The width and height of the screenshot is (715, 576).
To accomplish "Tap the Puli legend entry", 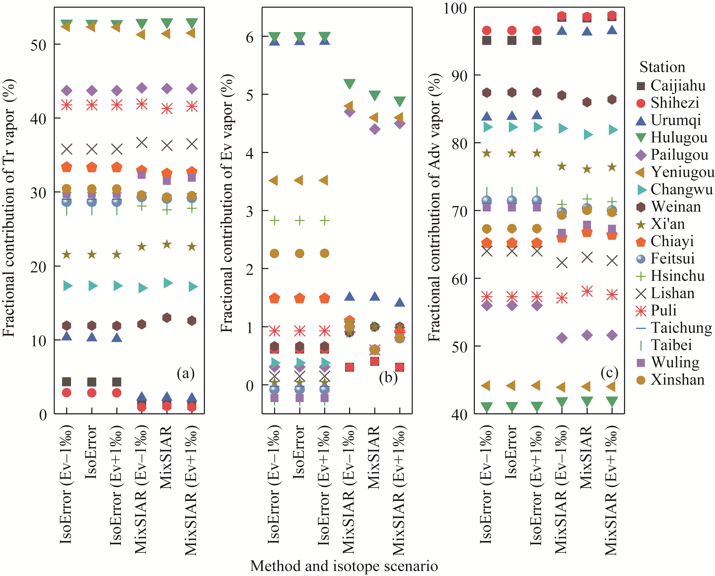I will click(x=663, y=310).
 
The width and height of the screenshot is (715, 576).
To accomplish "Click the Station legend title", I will click(x=662, y=67).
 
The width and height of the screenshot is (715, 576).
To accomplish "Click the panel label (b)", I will click(x=388, y=377).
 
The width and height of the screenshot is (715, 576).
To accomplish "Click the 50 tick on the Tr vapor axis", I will click(x=38, y=45).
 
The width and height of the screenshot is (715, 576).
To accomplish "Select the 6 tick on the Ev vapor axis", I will click(x=249, y=37).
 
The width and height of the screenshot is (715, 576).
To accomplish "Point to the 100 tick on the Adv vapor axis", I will click(x=455, y=8).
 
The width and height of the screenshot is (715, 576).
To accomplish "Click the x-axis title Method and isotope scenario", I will click(x=344, y=566).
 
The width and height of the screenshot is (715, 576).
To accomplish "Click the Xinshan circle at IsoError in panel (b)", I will click(x=299, y=253).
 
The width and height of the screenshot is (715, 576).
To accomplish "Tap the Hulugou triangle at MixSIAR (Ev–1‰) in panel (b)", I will click(x=349, y=84).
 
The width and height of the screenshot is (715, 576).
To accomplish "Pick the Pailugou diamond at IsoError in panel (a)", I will click(x=92, y=90).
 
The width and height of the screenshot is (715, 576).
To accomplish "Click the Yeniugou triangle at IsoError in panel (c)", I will click(x=511, y=386).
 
